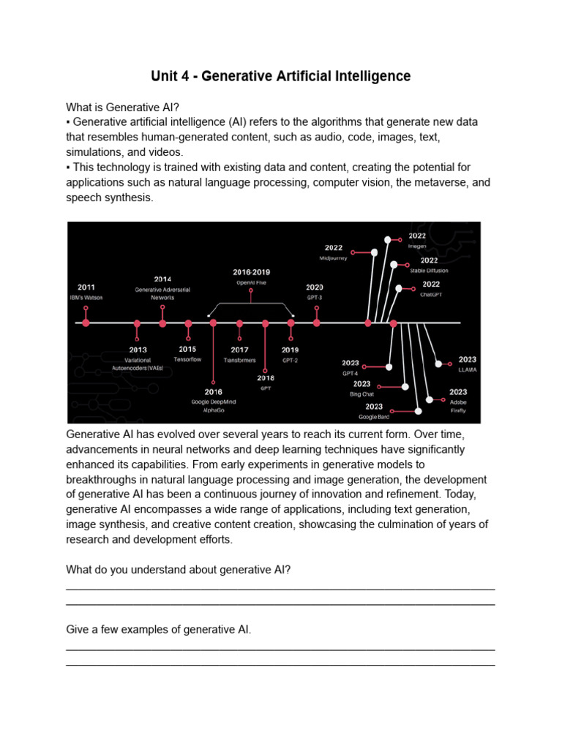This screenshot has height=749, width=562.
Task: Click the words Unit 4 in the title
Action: tap(172, 76)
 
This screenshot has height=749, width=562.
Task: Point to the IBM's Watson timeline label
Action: tap(86, 297)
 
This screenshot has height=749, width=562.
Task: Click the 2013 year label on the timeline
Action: tap(137, 350)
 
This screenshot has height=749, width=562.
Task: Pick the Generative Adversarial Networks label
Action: tap(162, 293)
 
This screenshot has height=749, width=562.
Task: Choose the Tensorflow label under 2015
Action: tap(187, 359)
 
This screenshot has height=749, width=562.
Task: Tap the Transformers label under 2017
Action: tap(239, 360)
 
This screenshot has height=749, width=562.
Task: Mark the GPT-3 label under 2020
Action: tap(315, 298)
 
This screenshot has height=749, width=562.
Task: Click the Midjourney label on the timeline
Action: tap(334, 258)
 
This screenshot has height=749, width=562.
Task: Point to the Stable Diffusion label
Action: tap(430, 270)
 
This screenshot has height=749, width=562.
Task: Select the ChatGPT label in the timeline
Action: tap(431, 294)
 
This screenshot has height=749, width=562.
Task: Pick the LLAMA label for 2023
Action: tap(467, 369)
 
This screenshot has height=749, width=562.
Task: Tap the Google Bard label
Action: tap(374, 416)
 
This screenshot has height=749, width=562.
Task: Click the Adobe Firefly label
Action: tap(458, 406)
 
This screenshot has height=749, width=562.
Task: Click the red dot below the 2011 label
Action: tap(86, 323)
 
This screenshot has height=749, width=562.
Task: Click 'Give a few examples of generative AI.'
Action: tap(159, 630)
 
